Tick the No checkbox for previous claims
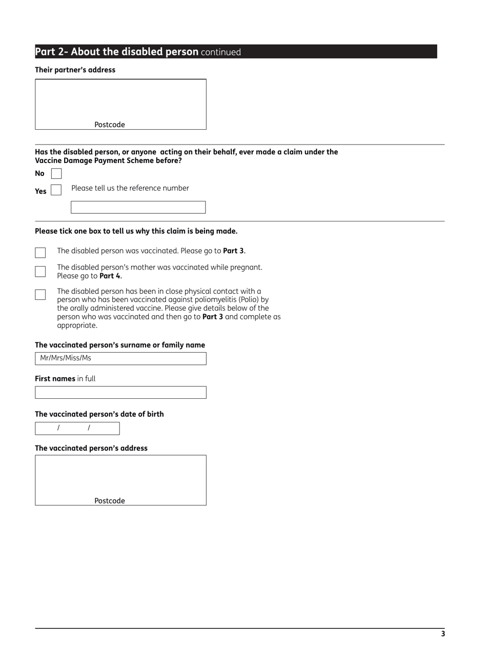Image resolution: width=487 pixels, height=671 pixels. [x=56, y=174]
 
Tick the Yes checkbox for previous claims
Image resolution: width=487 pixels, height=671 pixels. [x=56, y=190]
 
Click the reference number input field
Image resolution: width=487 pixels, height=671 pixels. [x=138, y=207]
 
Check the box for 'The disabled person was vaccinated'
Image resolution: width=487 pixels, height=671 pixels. [x=40, y=252]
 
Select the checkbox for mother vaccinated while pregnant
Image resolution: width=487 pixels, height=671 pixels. [x=40, y=271]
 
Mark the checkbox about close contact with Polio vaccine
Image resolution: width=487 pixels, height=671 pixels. [x=40, y=294]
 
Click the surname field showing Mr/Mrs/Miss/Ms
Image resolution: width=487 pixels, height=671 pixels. [x=120, y=358]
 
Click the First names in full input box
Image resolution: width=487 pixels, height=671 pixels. [x=120, y=392]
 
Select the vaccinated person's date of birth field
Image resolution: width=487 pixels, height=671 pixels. [x=77, y=428]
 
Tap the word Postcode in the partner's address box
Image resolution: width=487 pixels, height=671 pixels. [x=109, y=125]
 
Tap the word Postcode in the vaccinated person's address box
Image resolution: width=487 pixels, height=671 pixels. [x=109, y=501]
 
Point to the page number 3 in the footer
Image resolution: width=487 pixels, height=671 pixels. [x=443, y=634]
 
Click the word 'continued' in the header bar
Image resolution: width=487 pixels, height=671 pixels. [x=221, y=52]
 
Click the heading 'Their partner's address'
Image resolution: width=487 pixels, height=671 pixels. [x=75, y=70]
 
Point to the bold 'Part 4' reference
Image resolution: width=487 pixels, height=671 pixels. [x=110, y=276]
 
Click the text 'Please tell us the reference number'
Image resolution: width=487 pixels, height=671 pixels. [x=130, y=188]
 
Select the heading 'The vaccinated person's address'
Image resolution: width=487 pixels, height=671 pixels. [x=91, y=448]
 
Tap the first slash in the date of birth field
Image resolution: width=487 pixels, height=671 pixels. [x=58, y=428]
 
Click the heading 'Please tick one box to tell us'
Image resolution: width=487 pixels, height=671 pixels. [x=136, y=231]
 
